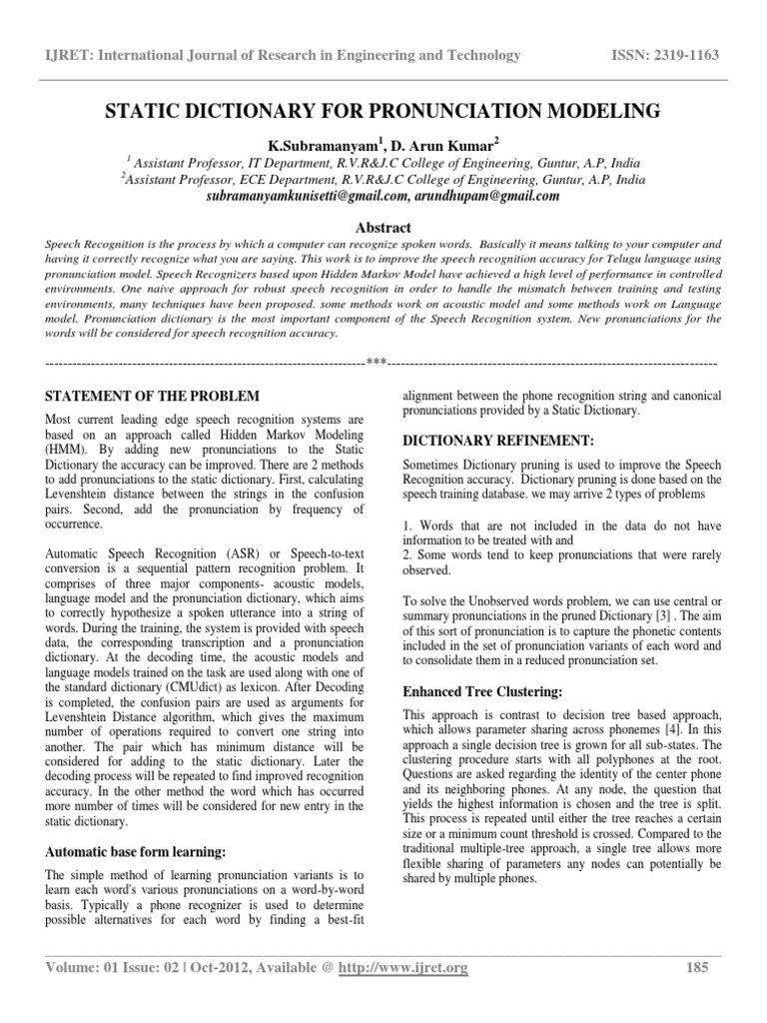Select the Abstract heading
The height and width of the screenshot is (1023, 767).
coord(383,227)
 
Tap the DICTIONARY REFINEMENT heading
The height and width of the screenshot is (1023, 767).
coord(483,440)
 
